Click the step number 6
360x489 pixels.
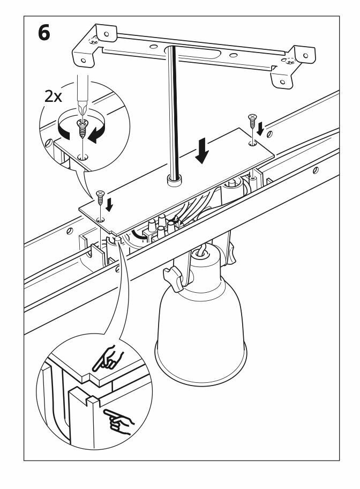(x=44, y=33)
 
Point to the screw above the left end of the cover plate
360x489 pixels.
(x=99, y=197)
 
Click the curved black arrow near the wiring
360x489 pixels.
(x=140, y=235)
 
